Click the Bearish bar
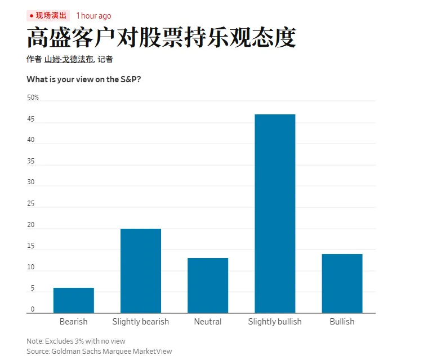(73, 300)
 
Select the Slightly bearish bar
(141, 270)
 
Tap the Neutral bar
(208, 285)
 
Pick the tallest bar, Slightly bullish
(275, 214)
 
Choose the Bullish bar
(342, 283)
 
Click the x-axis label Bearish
(73, 322)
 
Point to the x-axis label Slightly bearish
(141, 322)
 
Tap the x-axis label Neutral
(208, 322)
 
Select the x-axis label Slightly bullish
(275, 322)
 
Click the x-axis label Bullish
(342, 322)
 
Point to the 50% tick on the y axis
(33, 97)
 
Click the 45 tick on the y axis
(31, 119)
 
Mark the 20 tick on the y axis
(31, 225)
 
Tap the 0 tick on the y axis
(32, 309)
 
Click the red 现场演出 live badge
(48, 16)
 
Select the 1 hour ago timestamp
(93, 16)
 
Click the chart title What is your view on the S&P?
(84, 79)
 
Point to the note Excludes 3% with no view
(76, 341)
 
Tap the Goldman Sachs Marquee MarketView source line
(99, 351)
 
